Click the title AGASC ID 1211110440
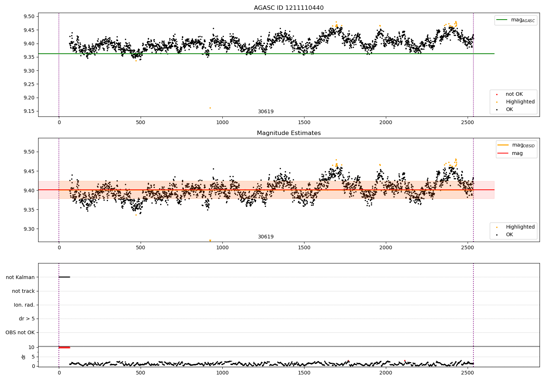click(x=288, y=8)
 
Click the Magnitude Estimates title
click(x=288, y=133)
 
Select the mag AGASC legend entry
click(x=516, y=20)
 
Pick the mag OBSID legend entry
click(x=516, y=145)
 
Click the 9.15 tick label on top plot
click(x=29, y=111)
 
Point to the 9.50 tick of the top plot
click(x=29, y=17)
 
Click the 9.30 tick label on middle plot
click(x=29, y=229)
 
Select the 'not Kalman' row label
click(x=20, y=277)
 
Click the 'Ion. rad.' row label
click(x=24, y=305)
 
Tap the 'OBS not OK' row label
click(x=20, y=332)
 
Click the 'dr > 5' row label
click(x=27, y=319)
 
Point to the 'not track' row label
click(x=23, y=291)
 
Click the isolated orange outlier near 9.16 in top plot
click(x=210, y=108)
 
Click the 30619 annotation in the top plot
click(x=266, y=111)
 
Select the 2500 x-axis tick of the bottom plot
click(x=467, y=373)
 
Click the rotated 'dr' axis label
click(x=23, y=357)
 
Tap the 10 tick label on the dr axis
click(x=32, y=348)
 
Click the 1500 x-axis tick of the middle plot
click(x=304, y=247)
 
